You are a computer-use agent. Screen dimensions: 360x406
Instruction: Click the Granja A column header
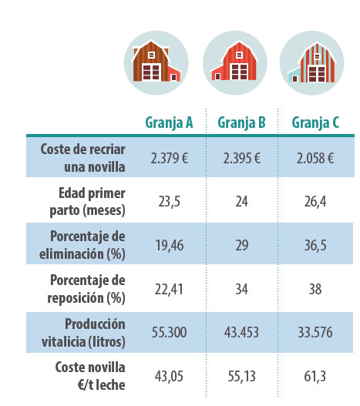point(169,122)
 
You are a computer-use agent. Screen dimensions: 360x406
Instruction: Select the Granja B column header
point(241,122)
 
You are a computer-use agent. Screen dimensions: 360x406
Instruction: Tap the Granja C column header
point(315,122)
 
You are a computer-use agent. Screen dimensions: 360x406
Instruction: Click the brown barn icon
point(156,63)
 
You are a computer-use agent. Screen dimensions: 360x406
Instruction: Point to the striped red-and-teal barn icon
point(311,63)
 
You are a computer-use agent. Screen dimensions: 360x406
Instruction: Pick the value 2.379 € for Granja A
point(170,158)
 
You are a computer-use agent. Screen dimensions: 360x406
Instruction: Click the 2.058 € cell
point(315,158)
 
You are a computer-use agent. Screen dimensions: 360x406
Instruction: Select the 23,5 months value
point(170,202)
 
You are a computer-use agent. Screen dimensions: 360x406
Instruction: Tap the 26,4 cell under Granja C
point(315,202)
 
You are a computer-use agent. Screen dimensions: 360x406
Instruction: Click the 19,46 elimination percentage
point(170,245)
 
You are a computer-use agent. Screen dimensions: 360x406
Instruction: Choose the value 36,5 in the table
point(315,245)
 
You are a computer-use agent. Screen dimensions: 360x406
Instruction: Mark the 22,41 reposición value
point(169,289)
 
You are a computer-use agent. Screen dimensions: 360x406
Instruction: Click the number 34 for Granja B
point(241,289)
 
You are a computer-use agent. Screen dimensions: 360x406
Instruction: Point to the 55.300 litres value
point(169,332)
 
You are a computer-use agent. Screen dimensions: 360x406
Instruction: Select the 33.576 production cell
point(315,332)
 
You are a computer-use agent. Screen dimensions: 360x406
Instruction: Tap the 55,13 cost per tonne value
point(241,376)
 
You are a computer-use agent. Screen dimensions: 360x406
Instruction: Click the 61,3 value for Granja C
point(315,376)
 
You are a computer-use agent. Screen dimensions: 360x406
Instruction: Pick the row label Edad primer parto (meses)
point(88,202)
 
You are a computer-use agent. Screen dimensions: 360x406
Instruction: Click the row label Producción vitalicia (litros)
point(83,333)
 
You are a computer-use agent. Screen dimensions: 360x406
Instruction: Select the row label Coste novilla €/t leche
point(90,376)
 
